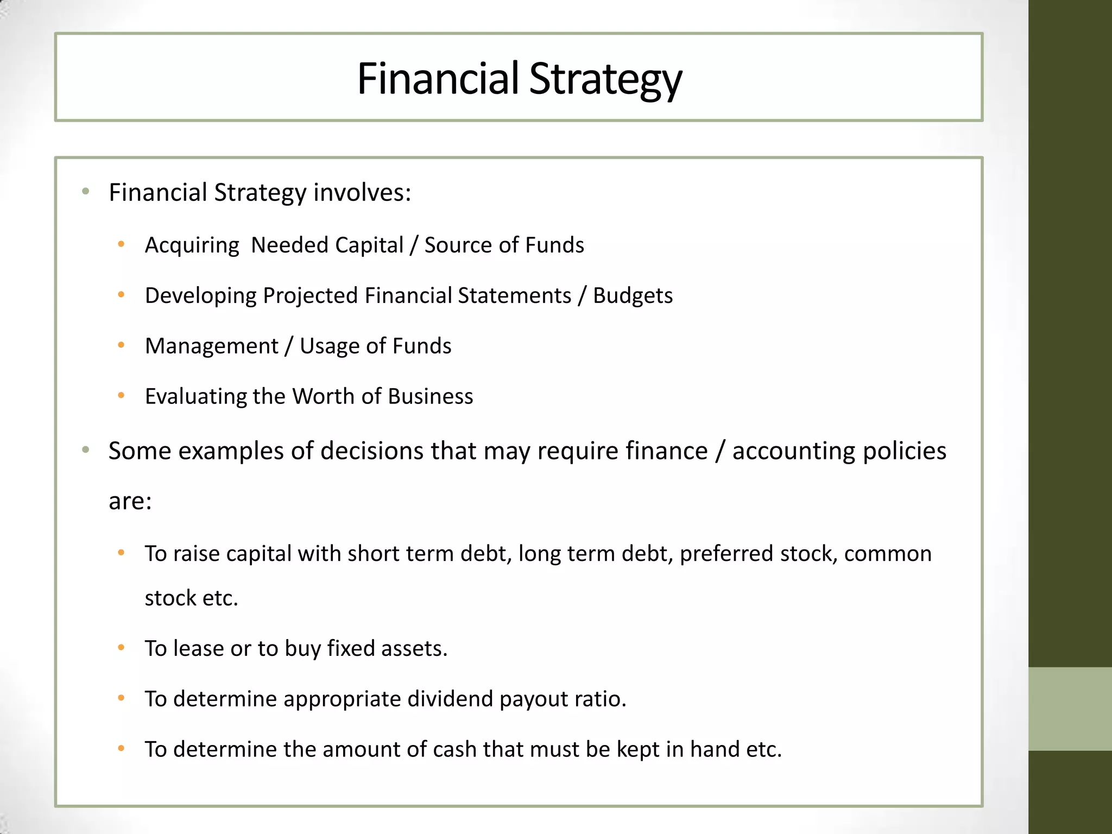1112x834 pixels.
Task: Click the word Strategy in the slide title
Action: (x=605, y=79)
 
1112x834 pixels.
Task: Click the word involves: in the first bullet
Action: (x=362, y=193)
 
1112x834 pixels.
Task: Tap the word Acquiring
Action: (x=192, y=245)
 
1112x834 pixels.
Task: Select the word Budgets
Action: (x=633, y=296)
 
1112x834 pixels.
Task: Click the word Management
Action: (x=211, y=346)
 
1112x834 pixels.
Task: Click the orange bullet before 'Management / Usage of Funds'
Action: (x=121, y=345)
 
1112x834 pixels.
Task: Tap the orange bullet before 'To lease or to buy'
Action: (x=121, y=648)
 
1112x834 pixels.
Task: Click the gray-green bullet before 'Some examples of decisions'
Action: (x=85, y=450)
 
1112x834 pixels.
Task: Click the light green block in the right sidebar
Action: (x=1070, y=709)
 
